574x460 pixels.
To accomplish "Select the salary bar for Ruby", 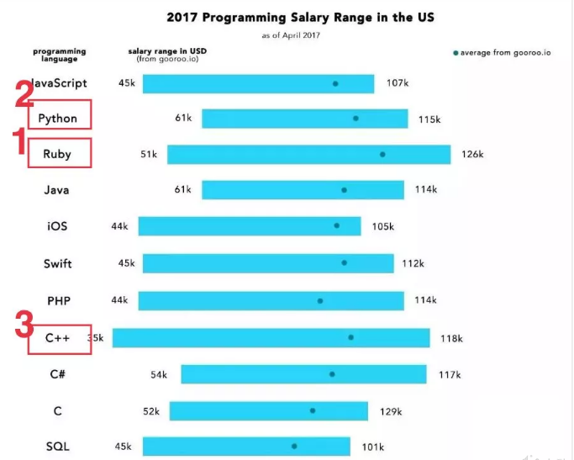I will point(309,154).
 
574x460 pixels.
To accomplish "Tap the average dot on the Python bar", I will point(355,119).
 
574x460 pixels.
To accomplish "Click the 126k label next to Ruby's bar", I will point(472,155).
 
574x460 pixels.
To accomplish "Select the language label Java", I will point(57,190).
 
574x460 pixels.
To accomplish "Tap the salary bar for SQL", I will point(246,447).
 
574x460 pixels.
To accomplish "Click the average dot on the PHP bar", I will point(320,300).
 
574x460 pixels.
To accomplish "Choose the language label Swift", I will point(58,263).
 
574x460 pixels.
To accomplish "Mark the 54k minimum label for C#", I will point(159,374).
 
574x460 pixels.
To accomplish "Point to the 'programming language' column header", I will point(60,55).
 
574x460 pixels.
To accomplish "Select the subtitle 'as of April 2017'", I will point(291,35).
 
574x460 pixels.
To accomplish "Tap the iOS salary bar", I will point(250,226).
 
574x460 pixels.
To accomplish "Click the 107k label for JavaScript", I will point(398,83).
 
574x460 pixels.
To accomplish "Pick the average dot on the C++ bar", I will point(350,337).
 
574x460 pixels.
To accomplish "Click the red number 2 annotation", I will point(24,97).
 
